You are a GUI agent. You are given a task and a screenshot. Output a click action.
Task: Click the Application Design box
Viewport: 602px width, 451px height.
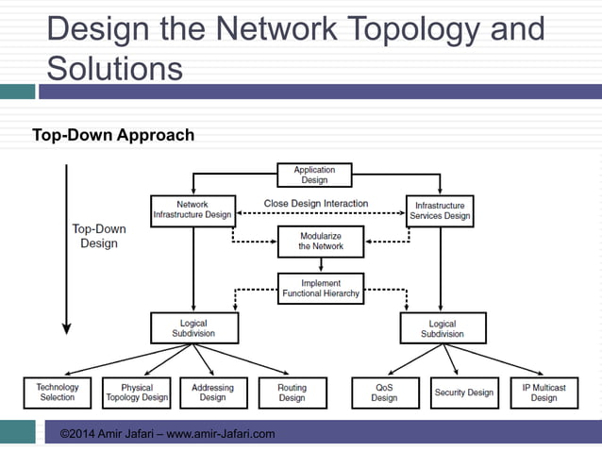point(314,175)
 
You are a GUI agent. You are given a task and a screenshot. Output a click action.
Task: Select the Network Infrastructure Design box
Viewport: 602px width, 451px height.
point(192,209)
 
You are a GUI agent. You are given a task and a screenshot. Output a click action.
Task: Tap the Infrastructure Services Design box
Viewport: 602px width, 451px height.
point(440,209)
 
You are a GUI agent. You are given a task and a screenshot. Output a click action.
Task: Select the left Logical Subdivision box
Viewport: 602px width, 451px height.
point(192,328)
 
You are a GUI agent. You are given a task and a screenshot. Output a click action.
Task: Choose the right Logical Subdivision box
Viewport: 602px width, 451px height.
point(442,328)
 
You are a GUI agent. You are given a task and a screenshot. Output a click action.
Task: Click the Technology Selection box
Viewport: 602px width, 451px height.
point(58,393)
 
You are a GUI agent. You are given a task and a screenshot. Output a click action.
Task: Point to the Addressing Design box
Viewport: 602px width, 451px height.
point(212,393)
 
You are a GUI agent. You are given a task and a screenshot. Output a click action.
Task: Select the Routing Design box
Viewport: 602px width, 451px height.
point(292,393)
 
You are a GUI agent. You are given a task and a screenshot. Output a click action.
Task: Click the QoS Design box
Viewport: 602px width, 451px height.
point(384,393)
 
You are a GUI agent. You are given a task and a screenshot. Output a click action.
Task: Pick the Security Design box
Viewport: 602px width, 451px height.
point(463,393)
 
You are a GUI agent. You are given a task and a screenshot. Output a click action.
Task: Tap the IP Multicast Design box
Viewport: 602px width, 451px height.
point(543,393)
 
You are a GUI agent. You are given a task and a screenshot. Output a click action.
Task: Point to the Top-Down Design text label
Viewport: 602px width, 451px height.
point(99,236)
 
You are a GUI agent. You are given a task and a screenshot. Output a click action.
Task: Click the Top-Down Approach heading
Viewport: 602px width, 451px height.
point(113,135)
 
